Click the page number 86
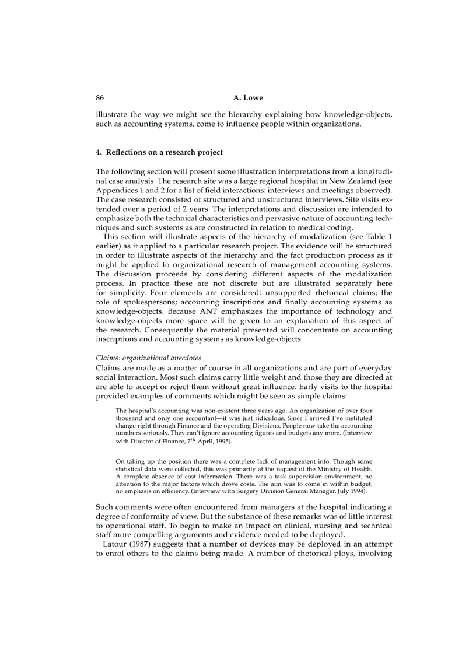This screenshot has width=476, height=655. tap(100, 97)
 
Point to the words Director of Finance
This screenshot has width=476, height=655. tap(153, 442)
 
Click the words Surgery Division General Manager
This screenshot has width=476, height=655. tap(282, 492)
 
